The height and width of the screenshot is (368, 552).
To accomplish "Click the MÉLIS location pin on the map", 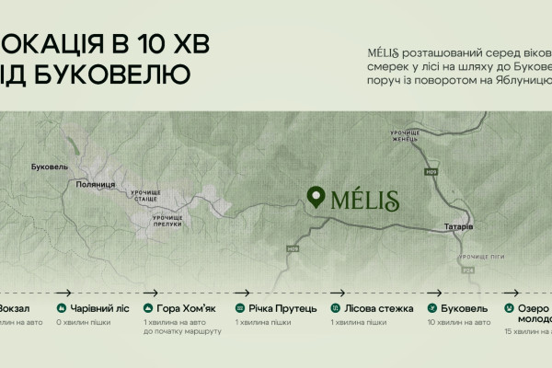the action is (x=316, y=198).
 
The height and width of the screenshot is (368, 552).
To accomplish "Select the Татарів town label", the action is (x=457, y=225).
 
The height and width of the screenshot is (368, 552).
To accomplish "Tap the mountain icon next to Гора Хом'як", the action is (x=149, y=308).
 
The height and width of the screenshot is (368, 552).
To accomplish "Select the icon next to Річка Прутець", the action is (x=241, y=308).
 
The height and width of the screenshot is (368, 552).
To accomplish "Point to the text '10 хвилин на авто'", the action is (x=458, y=322).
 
